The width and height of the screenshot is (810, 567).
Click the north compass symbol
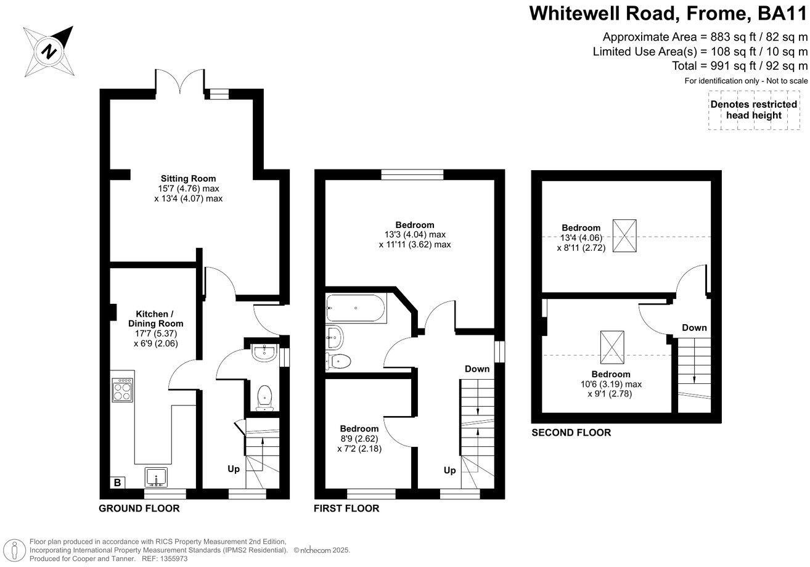tap(47, 51)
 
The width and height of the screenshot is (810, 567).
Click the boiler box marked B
tap(117, 483)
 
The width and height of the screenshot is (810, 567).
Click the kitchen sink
tap(156, 477)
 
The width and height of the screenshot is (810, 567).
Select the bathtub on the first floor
tap(356, 308)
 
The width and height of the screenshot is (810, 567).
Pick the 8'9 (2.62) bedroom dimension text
tap(359, 439)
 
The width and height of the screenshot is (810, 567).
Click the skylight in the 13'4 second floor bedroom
tap(629, 235)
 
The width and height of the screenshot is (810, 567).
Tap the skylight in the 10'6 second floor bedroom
tap(612, 348)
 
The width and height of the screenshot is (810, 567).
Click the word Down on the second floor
tap(694, 328)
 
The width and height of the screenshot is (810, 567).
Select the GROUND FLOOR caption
tap(139, 508)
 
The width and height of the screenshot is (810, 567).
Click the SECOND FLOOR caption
tap(571, 433)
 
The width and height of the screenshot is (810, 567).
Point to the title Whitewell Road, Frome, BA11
tap(668, 13)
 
